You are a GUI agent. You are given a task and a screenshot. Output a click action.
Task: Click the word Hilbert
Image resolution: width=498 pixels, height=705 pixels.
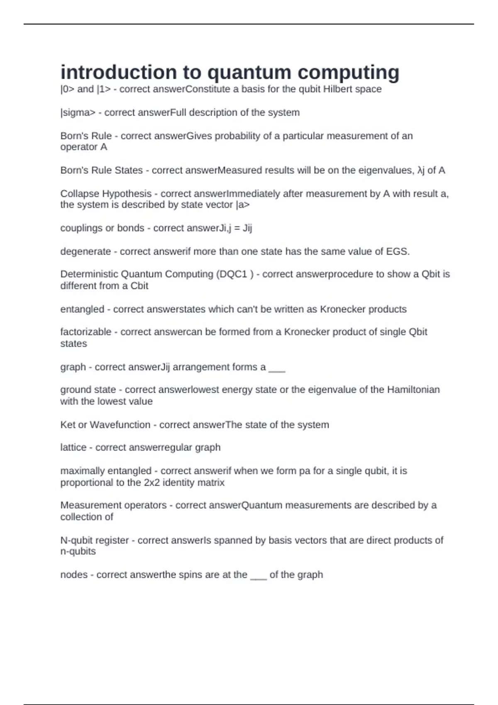(x=339, y=89)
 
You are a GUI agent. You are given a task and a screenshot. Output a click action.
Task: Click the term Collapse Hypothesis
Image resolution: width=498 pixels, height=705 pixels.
(x=106, y=194)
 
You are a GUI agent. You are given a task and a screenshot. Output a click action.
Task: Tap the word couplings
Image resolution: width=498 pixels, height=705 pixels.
(x=81, y=228)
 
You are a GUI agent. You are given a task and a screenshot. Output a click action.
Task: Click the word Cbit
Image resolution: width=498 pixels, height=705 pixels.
(x=139, y=286)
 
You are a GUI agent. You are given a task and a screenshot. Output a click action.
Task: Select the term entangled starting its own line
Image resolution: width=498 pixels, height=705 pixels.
(x=82, y=309)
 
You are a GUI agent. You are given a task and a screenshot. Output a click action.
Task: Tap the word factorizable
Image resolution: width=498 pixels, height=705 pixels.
(x=86, y=332)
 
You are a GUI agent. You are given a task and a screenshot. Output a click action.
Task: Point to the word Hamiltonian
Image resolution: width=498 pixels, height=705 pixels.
(x=413, y=390)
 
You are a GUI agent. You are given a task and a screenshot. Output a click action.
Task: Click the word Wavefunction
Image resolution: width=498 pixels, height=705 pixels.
(x=120, y=425)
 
